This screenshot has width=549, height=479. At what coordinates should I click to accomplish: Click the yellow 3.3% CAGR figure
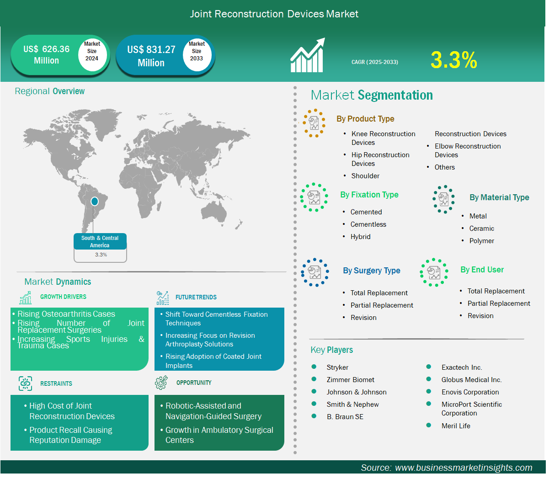point(454,60)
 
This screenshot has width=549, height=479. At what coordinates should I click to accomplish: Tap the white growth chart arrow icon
point(308,55)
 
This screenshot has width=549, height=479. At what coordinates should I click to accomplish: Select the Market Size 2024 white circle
point(92,54)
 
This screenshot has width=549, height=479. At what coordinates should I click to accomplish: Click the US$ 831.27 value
point(151,50)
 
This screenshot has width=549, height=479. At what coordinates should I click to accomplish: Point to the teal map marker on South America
point(95,202)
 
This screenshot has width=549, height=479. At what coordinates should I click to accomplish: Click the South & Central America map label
point(100,241)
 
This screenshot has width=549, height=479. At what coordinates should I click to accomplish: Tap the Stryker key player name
point(337,367)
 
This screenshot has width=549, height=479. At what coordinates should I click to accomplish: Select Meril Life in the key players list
point(456,426)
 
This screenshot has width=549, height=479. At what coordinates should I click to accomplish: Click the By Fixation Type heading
point(369,195)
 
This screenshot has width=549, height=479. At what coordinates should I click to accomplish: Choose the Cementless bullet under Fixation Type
point(368,224)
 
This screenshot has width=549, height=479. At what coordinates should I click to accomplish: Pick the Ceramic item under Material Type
point(481,229)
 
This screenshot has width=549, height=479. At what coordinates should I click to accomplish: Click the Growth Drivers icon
point(26,298)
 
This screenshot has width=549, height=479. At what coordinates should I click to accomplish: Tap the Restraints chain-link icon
point(26,383)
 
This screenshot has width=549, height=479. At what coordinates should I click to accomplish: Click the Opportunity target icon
point(161,383)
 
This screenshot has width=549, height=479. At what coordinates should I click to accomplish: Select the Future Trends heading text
point(196,297)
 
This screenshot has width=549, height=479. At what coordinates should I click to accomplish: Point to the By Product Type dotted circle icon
point(314,123)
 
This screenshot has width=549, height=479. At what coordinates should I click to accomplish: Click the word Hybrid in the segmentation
point(360,237)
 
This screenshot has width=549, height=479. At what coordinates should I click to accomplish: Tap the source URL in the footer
point(464,468)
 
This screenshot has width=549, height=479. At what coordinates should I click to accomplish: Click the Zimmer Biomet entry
point(350,379)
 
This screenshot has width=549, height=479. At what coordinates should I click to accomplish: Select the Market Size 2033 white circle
point(197,55)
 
